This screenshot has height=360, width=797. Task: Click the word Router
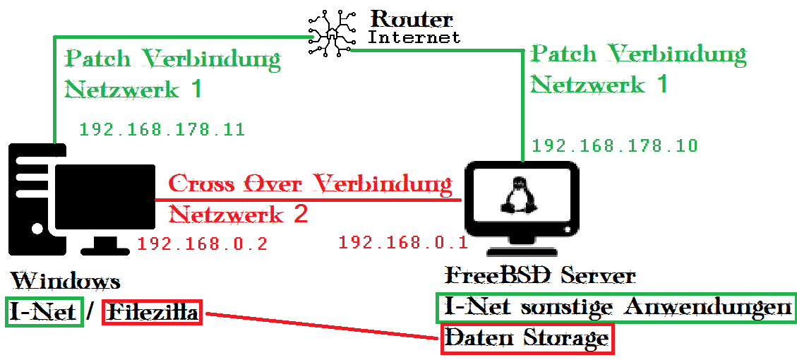click(x=412, y=19)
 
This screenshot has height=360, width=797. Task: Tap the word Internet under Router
click(x=414, y=37)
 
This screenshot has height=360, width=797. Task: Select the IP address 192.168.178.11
click(x=162, y=130)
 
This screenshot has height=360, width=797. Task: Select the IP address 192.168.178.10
click(x=614, y=146)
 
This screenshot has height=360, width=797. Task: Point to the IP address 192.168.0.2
click(x=202, y=244)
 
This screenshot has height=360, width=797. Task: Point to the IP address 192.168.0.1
click(x=403, y=243)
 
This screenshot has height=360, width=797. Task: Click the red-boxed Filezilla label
click(x=152, y=311)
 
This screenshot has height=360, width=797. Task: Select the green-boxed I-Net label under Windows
click(x=43, y=311)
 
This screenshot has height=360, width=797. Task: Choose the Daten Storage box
click(x=527, y=339)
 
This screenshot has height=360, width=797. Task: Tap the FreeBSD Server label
click(x=540, y=275)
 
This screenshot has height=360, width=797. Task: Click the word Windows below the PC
click(x=65, y=281)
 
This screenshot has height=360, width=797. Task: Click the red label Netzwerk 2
click(x=239, y=214)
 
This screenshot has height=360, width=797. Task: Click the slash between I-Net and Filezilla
click(x=90, y=311)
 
